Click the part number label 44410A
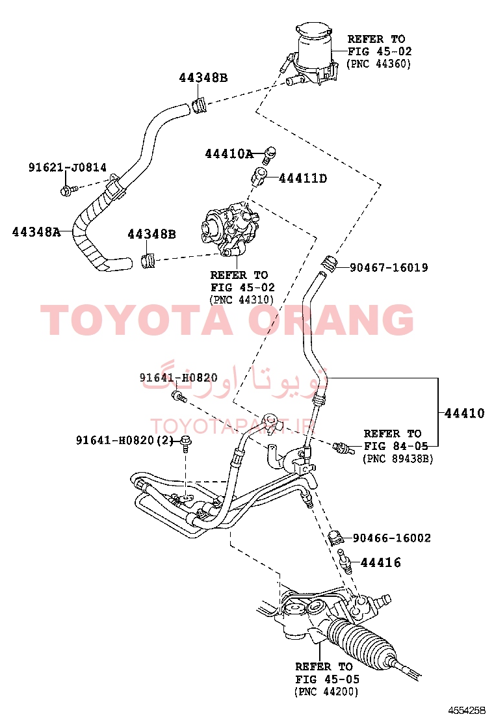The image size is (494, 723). click(229, 154)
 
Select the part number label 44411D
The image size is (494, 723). click(303, 178)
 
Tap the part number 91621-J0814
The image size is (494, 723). click(68, 167)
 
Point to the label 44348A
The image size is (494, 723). click(36, 232)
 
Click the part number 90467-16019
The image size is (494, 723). click(389, 267)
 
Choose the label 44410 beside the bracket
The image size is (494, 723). click(465, 413)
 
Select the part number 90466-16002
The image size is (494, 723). click(392, 538)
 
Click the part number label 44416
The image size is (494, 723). click(381, 562)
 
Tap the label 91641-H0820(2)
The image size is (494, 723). click(124, 440)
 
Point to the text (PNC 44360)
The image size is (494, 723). click(378, 64)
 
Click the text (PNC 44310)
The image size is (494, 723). click(241, 300)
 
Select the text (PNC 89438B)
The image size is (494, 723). click(398, 459)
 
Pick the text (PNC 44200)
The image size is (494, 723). click(326, 692)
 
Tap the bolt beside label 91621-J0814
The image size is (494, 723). click(66, 189)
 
